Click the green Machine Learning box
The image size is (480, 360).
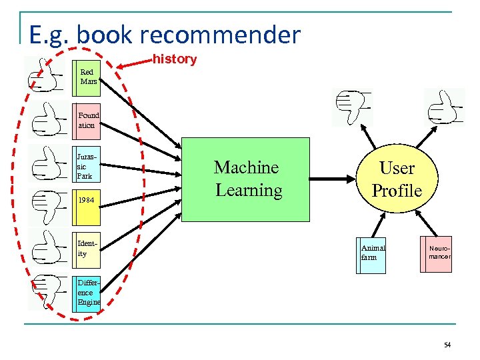pyautogui.click(x=247, y=179)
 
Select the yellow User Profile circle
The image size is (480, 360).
pyautogui.click(x=397, y=179)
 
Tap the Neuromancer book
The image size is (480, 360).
pyautogui.click(x=437, y=254)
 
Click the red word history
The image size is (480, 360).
pyautogui.click(x=175, y=59)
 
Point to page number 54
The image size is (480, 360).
pyautogui.click(x=447, y=345)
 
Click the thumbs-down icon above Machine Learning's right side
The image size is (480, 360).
pyautogui.click(x=351, y=107)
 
